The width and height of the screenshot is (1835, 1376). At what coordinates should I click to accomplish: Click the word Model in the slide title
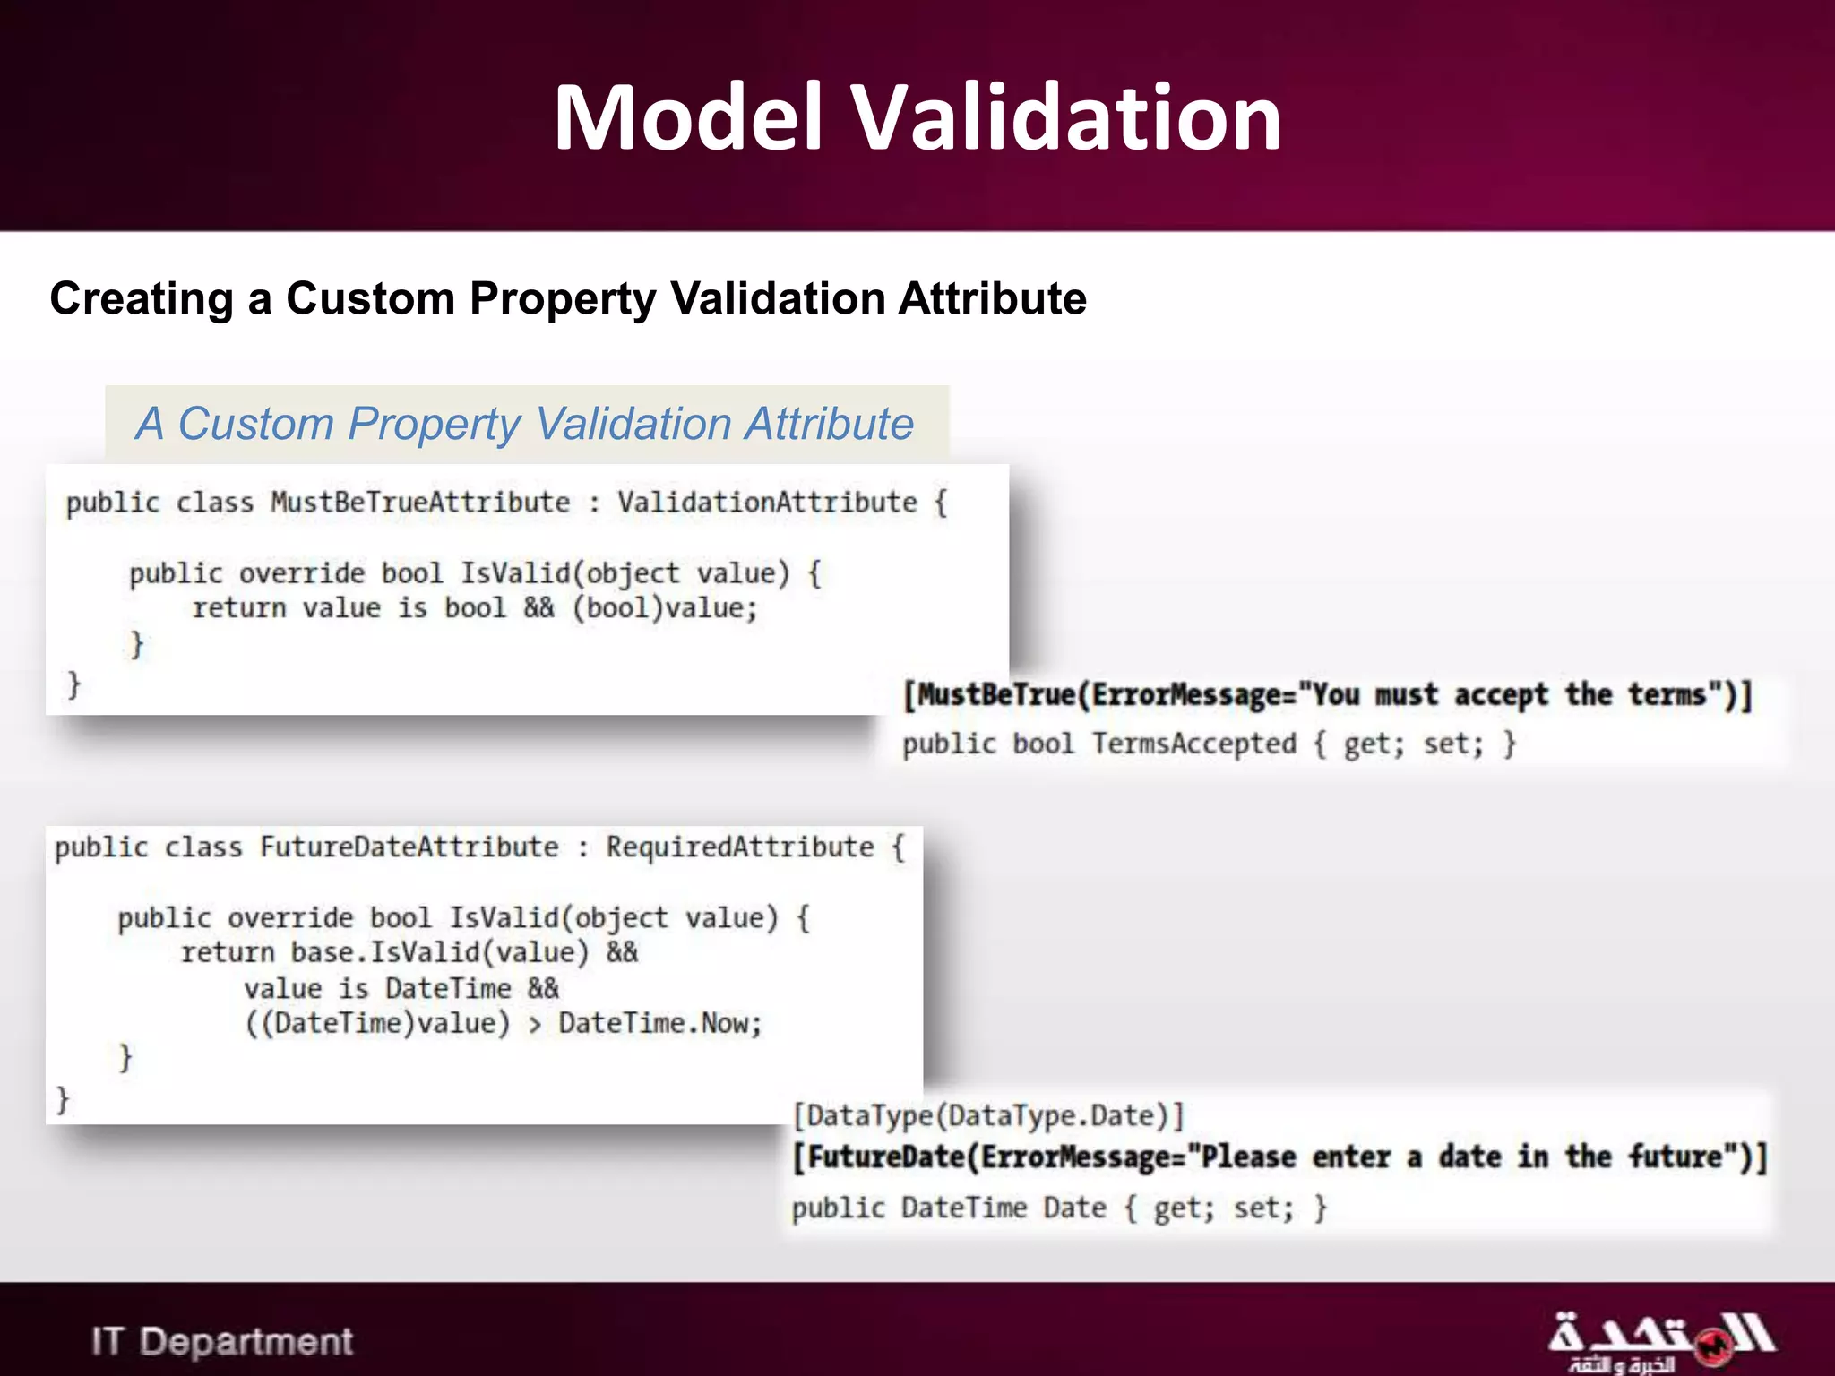(x=688, y=117)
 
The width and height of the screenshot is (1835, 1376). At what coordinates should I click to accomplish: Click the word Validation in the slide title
(x=1065, y=117)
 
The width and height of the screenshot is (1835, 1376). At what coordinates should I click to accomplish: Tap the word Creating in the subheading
(x=141, y=298)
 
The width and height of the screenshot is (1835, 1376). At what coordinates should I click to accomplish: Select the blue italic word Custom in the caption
(x=255, y=424)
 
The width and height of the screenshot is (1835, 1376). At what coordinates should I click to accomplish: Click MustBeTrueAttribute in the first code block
(x=420, y=503)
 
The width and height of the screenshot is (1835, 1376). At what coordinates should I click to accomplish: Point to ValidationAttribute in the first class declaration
(x=767, y=503)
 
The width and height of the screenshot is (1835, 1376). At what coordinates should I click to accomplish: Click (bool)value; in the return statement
(x=666, y=608)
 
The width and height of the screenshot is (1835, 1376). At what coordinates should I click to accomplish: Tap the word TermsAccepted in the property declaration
(x=1193, y=744)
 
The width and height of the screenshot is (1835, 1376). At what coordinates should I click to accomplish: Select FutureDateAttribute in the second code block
(x=409, y=847)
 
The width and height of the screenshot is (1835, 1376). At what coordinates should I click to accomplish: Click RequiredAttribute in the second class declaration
(x=740, y=847)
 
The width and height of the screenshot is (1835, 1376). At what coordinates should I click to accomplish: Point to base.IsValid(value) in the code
(x=440, y=952)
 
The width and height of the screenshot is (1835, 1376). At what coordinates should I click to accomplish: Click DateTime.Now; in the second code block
(x=660, y=1023)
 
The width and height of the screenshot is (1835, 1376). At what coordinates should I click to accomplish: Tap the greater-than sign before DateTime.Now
(x=535, y=1025)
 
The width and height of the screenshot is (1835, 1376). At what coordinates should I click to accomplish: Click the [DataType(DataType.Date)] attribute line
(x=989, y=1116)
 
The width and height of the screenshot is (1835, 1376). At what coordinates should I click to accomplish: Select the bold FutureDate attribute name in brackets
(x=887, y=1157)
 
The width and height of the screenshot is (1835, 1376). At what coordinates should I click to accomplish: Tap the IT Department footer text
(x=222, y=1342)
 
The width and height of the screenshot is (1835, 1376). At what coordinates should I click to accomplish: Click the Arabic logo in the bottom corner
(x=1662, y=1342)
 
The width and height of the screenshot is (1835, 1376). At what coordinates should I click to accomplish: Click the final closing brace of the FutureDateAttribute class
(x=63, y=1098)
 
